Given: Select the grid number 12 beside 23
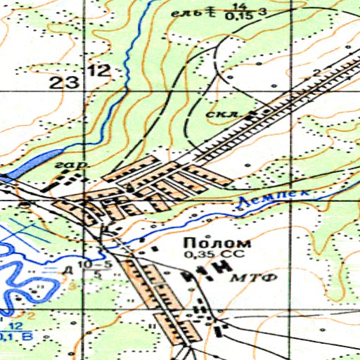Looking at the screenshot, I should tap(99, 70).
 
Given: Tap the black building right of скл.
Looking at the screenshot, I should tap(264, 111).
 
